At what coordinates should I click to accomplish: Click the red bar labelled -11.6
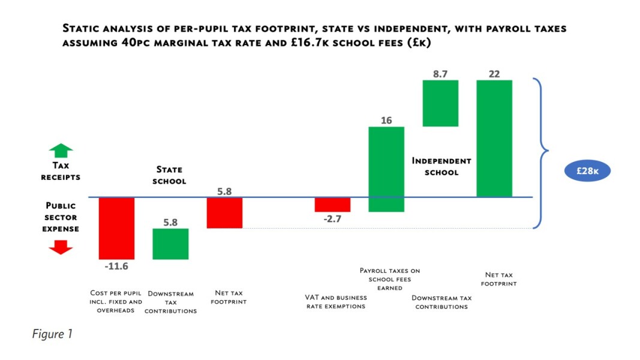pyautogui.click(x=116, y=228)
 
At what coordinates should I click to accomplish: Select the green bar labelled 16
pyautogui.click(x=386, y=169)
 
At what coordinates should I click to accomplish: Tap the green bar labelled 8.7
pyautogui.click(x=440, y=103)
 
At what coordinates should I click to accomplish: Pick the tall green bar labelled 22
pyautogui.click(x=494, y=138)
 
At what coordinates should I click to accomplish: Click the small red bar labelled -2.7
pyautogui.click(x=332, y=205)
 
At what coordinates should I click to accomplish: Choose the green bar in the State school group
pyautogui.click(x=170, y=244)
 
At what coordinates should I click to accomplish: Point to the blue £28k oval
pyautogui.click(x=588, y=170)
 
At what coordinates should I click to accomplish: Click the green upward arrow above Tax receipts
pyautogui.click(x=61, y=151)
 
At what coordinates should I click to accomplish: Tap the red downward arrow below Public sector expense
pyautogui.click(x=61, y=247)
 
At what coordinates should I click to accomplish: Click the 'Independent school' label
pyautogui.click(x=441, y=166)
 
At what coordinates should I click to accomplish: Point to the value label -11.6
pyautogui.click(x=116, y=266)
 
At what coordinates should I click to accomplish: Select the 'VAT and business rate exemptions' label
pyautogui.click(x=335, y=302)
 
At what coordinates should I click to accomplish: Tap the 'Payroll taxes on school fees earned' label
pyautogui.click(x=390, y=279)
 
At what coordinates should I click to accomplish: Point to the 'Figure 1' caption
pyautogui.click(x=52, y=334)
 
